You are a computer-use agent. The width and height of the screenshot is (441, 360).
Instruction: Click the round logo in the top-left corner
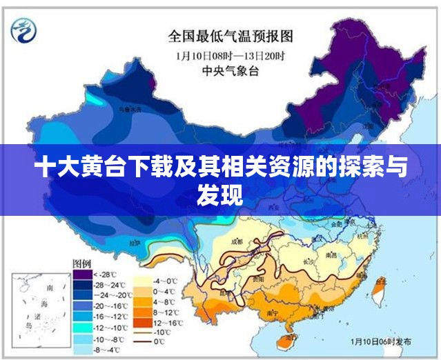(x=23, y=28)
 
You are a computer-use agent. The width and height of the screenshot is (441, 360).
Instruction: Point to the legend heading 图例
(x=82, y=263)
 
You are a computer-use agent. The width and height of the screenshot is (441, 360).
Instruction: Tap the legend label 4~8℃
(x=165, y=301)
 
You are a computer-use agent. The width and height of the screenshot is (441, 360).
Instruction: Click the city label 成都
(x=237, y=241)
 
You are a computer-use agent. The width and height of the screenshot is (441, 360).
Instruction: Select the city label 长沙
(x=309, y=263)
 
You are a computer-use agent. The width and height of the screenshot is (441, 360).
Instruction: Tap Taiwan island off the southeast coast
(x=378, y=290)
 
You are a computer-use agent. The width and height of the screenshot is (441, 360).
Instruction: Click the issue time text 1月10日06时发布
(x=381, y=341)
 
